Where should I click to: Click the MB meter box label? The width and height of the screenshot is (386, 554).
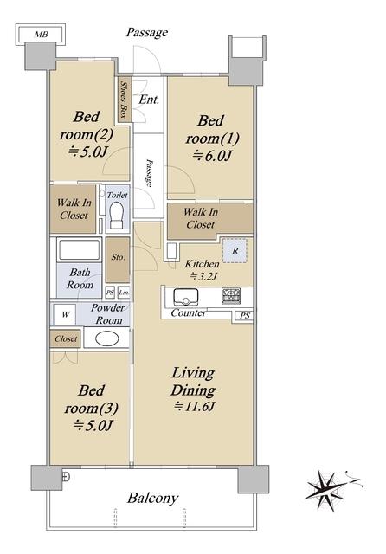pos(41,35)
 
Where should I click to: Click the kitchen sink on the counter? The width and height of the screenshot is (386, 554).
pos(185,297)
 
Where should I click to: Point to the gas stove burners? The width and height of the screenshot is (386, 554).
pos(231,296)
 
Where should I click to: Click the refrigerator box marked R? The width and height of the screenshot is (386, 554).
pos(235,250)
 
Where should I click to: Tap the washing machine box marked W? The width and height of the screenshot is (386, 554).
pos(65,314)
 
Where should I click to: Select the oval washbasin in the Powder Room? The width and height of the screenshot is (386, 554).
pos(106,338)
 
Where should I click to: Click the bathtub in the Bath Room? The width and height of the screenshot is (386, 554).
pos(79,250)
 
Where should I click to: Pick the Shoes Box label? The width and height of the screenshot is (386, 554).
pos(123,100)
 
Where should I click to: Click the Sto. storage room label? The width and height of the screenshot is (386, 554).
pos(118,257)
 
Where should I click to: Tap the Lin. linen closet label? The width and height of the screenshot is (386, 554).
pos(124,293)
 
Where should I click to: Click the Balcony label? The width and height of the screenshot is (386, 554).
pos(152,499)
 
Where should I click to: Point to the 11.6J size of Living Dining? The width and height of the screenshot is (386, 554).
pos(194,406)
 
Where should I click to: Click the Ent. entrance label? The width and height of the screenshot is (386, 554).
pos(149,100)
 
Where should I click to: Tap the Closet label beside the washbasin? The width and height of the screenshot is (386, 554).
pos(66,338)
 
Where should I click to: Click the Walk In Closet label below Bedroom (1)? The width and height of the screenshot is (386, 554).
pos(201,218)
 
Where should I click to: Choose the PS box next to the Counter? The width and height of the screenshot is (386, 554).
pos(245,315)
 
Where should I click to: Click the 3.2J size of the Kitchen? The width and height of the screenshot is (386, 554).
pos(203,276)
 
